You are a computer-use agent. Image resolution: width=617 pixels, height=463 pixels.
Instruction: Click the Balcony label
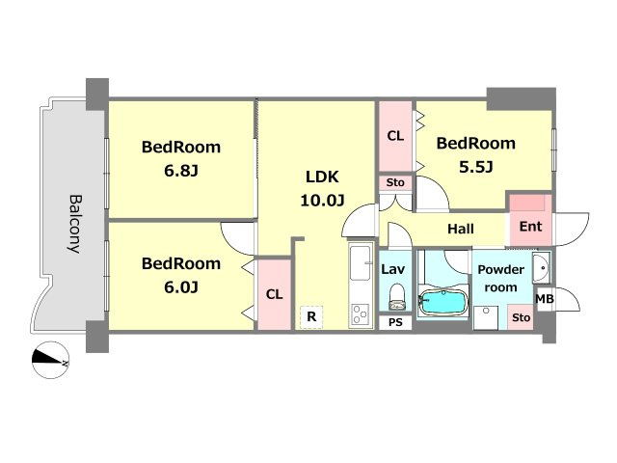(x=75, y=224)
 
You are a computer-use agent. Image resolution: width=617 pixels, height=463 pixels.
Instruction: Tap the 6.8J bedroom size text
(x=181, y=171)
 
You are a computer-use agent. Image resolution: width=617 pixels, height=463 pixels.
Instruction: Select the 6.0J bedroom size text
(x=181, y=287)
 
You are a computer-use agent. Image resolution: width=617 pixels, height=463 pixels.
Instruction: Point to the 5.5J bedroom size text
(x=475, y=167)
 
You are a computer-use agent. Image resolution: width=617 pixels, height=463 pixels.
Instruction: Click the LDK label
(x=322, y=177)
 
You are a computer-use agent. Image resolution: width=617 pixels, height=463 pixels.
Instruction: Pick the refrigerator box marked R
(x=311, y=316)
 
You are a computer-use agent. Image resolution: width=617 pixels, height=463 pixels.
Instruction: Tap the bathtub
(x=443, y=302)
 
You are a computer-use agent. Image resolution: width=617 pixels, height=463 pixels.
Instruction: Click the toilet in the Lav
(x=396, y=297)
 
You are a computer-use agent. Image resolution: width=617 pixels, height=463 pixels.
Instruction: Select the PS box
(x=395, y=322)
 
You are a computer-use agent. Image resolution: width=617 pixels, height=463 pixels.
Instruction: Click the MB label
(x=545, y=299)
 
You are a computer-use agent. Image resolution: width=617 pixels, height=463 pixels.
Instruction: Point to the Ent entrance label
(x=530, y=227)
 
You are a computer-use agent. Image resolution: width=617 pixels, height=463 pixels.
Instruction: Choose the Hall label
(x=461, y=229)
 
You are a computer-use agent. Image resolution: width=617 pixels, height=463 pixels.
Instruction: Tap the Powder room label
(x=501, y=279)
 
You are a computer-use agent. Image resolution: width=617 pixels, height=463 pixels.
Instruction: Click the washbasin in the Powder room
(x=542, y=268)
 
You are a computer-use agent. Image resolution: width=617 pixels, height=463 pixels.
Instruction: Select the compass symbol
(x=50, y=360)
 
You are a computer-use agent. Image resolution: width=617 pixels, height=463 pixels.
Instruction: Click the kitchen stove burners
(x=360, y=314)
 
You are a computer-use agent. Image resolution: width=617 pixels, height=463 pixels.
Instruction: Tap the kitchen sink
(x=360, y=263)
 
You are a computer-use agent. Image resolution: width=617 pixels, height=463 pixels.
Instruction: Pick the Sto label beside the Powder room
(x=521, y=317)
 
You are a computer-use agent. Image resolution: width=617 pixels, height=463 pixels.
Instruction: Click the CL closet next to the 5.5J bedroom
(x=395, y=136)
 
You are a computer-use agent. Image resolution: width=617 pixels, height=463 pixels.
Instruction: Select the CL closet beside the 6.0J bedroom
(x=274, y=294)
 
